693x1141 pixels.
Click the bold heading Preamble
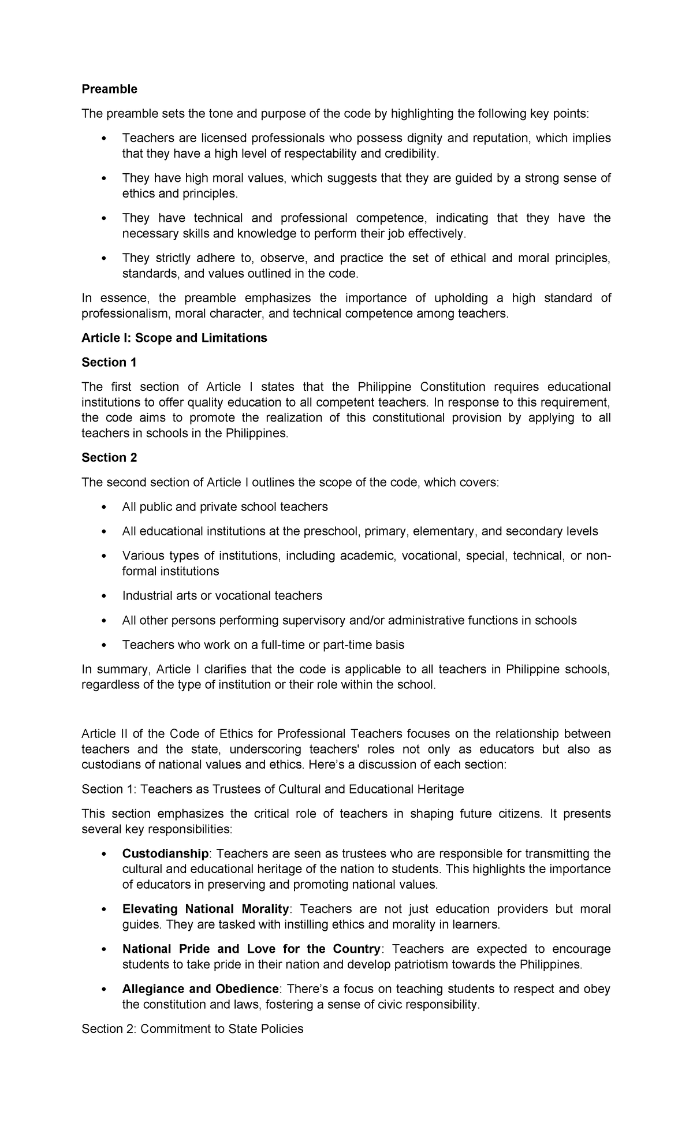pos(109,89)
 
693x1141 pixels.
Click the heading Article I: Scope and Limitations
pos(174,338)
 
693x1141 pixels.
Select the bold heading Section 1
pos(109,362)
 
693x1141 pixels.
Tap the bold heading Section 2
pos(109,457)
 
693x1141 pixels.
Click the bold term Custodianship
pos(165,853)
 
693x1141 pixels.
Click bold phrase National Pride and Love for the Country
pos(251,949)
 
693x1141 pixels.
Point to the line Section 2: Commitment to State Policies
pos(192,1028)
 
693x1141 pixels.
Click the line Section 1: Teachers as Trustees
pos(273,789)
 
